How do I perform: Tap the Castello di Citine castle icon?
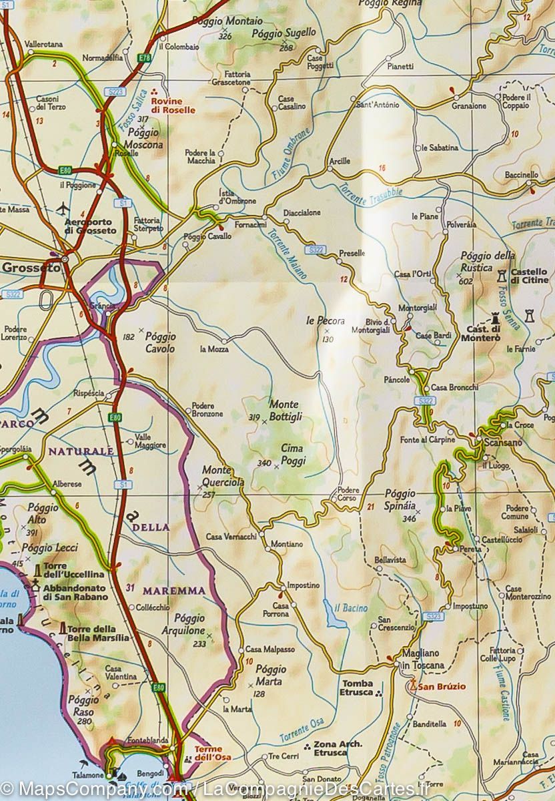502,273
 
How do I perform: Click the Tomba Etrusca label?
357,688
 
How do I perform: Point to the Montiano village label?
287,544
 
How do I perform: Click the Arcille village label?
340,161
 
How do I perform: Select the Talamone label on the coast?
88,775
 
